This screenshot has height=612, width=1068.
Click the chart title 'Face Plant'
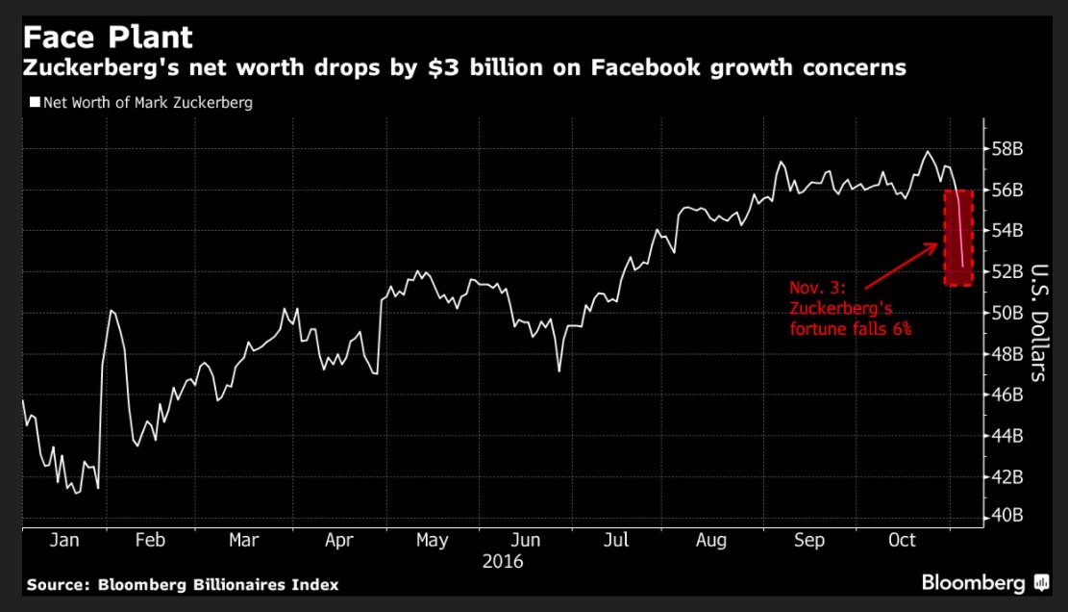pyautogui.click(x=108, y=38)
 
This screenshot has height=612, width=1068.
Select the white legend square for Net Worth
pyautogui.click(x=36, y=102)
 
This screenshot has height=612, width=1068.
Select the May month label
pyautogui.click(x=432, y=541)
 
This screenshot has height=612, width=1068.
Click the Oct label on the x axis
pyautogui.click(x=902, y=541)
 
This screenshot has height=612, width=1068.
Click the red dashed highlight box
pyautogui.click(x=958, y=237)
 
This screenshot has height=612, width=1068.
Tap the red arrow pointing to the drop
pyautogui.click(x=901, y=265)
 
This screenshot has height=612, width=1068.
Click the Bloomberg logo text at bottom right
pyautogui.click(x=974, y=583)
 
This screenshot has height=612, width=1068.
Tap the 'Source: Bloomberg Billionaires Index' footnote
pyautogui.click(x=183, y=585)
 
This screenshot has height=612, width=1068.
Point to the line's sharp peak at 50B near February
pyautogui.click(x=112, y=311)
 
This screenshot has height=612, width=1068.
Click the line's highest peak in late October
pyautogui.click(x=928, y=152)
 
